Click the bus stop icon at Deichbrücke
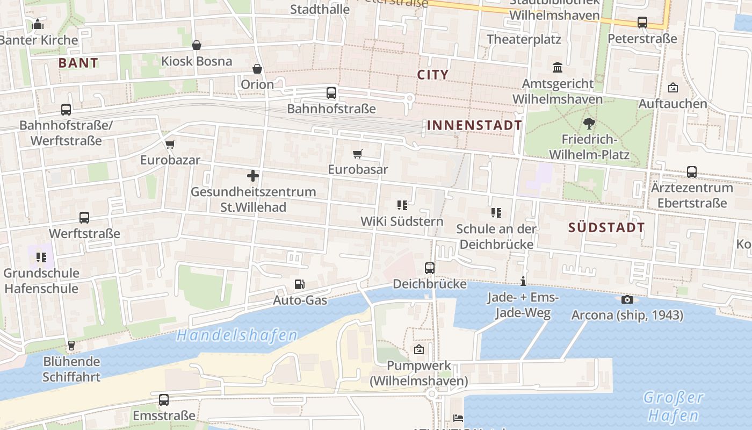pyautogui.click(x=430, y=268)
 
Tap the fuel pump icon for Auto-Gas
pyautogui.click(x=300, y=284)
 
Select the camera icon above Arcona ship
pyautogui.click(x=627, y=299)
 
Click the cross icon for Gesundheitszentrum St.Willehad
pyautogui.click(x=253, y=176)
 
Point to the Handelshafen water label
pyautogui.click(x=236, y=336)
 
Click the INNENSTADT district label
pyautogui.click(x=474, y=126)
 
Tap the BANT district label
pyautogui.click(x=78, y=63)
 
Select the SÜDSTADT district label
pyautogui.click(x=606, y=227)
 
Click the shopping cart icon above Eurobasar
pyautogui.click(x=358, y=154)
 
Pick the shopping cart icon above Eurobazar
pyautogui.click(x=170, y=144)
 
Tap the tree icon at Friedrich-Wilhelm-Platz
pyautogui.click(x=589, y=124)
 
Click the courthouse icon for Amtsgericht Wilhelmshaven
pyautogui.click(x=558, y=68)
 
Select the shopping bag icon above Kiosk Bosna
pyautogui.click(x=197, y=45)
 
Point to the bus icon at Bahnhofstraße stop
pyautogui.click(x=331, y=93)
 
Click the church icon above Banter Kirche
pyautogui.click(x=38, y=24)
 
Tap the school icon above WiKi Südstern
pyautogui.click(x=402, y=205)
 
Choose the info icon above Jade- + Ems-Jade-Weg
pyautogui.click(x=523, y=281)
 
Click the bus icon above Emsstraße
pyautogui.click(x=164, y=400)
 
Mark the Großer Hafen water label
pyautogui.click(x=673, y=406)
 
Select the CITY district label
pyautogui.click(x=433, y=75)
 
